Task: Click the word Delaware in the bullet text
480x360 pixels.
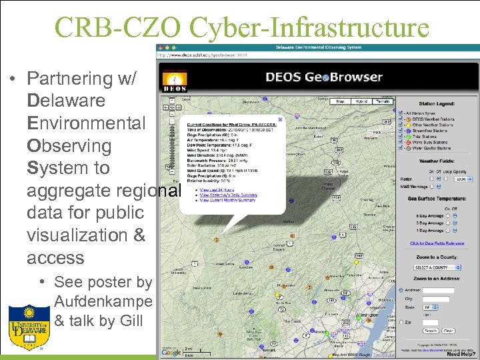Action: click(67, 101)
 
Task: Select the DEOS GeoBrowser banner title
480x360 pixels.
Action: click(324, 76)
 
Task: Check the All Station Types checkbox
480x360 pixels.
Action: click(400, 113)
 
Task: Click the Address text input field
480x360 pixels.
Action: click(438, 291)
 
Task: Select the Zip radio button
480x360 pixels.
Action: click(400, 321)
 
